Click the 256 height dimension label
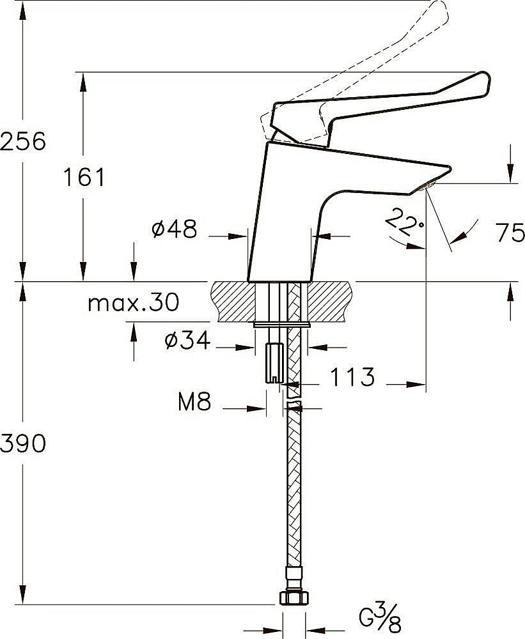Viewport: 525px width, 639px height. tap(23, 141)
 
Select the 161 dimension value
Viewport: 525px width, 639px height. tap(84, 177)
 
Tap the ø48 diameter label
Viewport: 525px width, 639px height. tap(174, 229)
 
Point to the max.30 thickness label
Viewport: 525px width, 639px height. tap(133, 302)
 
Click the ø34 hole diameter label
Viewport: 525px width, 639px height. tap(187, 341)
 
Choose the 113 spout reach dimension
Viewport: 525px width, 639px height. tap(352, 378)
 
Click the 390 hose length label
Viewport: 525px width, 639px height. tap(23, 443)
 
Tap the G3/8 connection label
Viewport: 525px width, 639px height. tap(380, 619)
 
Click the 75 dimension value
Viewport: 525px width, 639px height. tap(510, 233)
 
